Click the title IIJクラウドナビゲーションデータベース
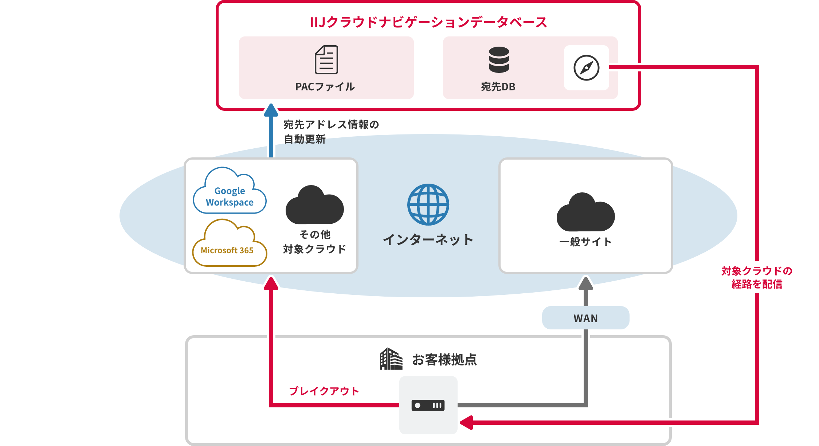[x=428, y=22]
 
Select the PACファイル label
[x=325, y=87]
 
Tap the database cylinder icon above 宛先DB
[x=499, y=59]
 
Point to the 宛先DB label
[x=498, y=87]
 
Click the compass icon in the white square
[x=586, y=68]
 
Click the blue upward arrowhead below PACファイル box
[x=271, y=110]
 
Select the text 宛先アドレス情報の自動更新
[x=331, y=132]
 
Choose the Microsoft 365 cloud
[x=229, y=245]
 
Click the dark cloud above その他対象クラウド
[x=314, y=206]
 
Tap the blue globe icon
[x=428, y=204]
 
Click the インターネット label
[x=428, y=239]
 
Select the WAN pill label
[x=585, y=318]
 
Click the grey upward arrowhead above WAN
[x=586, y=283]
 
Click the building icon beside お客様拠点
[x=391, y=359]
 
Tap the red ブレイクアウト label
[x=324, y=391]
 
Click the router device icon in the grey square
[x=428, y=405]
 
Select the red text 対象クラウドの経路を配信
[x=757, y=277]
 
